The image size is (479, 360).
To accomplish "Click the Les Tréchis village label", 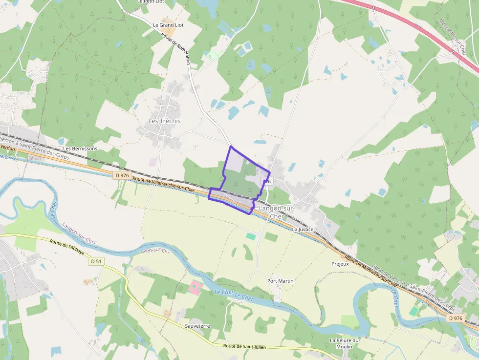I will click(164, 121).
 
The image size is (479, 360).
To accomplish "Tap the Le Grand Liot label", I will click(168, 25).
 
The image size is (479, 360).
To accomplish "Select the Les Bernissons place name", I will click(80, 148).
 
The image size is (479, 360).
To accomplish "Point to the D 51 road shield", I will click(96, 261).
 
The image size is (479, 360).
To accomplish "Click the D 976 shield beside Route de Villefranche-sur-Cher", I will click(122, 175).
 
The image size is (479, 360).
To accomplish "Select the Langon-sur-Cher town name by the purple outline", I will click(276, 212).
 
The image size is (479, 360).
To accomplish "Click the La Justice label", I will click(302, 229).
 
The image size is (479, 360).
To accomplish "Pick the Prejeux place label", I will click(340, 264).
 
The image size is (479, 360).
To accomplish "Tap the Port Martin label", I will click(281, 281).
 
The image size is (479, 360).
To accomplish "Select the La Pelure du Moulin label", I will click(345, 343).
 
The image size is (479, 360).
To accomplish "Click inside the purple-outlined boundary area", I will click(237, 181).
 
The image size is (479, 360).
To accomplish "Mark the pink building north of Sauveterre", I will click(195, 287).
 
